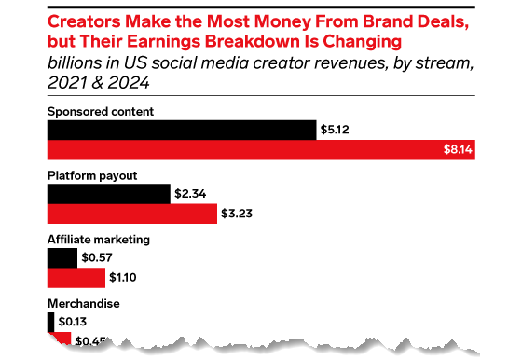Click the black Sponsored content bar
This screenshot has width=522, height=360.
[181, 130]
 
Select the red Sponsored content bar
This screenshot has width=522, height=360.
[261, 149]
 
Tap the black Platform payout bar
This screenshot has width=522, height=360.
[109, 194]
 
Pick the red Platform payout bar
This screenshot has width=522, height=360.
[131, 214]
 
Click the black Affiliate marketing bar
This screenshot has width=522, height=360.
[62, 258]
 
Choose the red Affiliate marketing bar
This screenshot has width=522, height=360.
[76, 278]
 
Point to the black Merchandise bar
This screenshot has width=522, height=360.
[49, 322]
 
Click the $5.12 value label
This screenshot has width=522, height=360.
[336, 130]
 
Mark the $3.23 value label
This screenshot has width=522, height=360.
[239, 214]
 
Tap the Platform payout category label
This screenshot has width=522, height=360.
[93, 175]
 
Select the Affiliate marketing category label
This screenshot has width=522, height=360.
[98, 240]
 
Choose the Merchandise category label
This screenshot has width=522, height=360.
[84, 304]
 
